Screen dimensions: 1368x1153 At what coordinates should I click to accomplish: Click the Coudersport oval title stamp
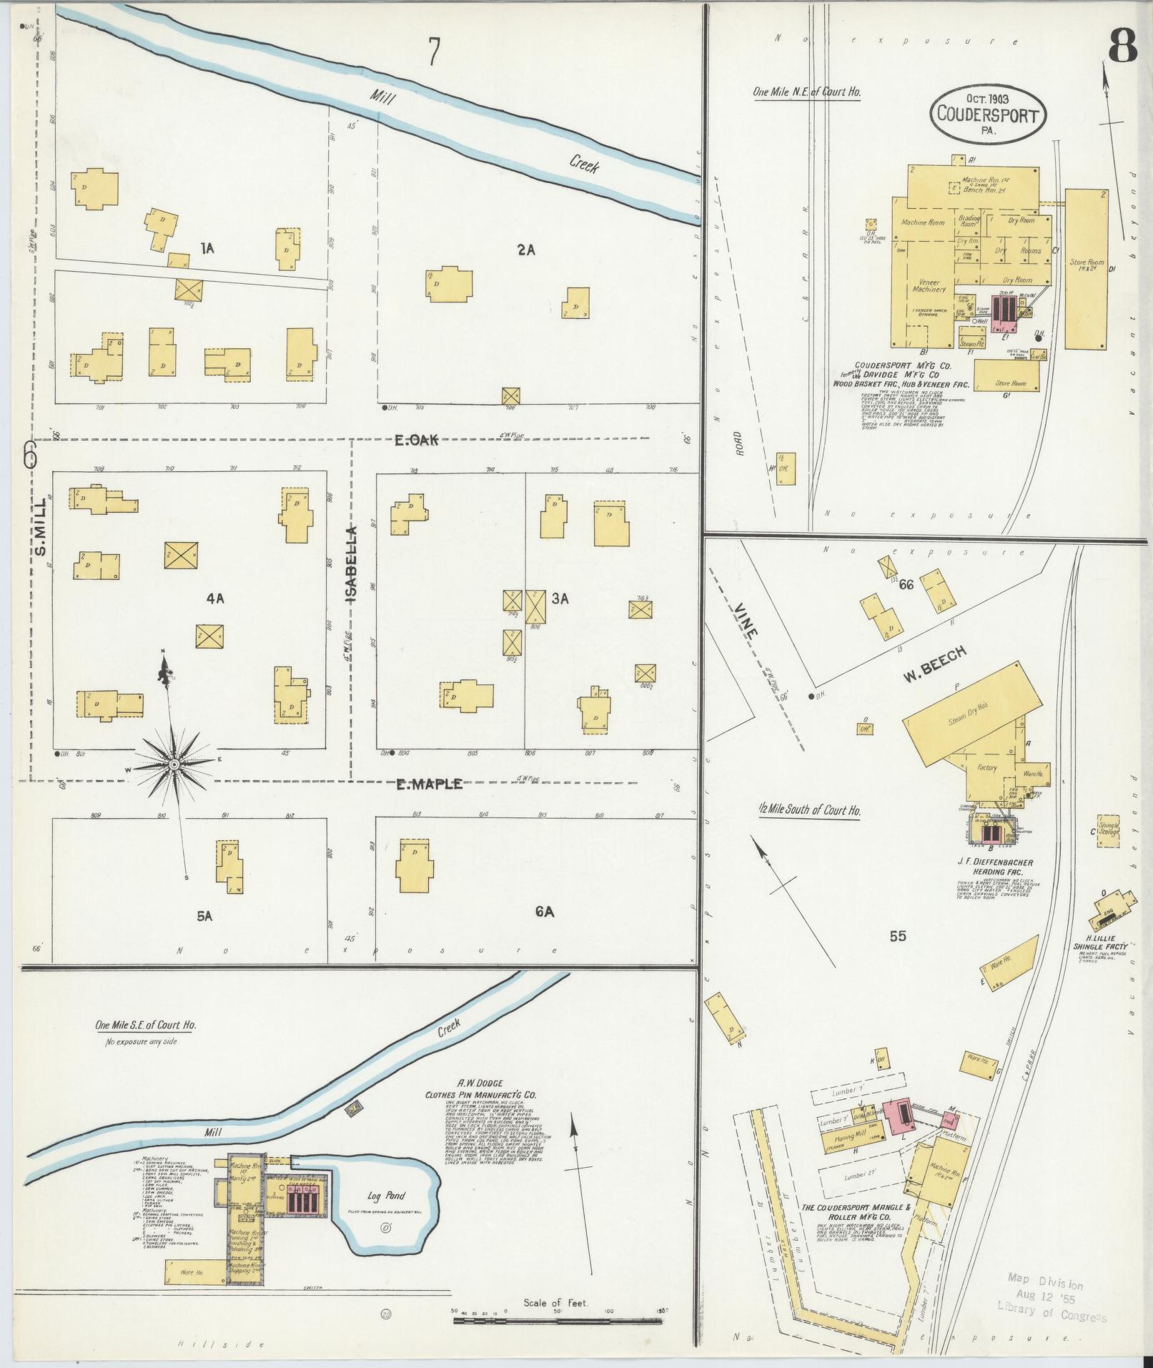[987, 114]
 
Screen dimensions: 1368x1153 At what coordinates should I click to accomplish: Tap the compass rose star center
[174, 764]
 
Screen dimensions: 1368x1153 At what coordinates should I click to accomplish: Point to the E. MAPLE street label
[429, 784]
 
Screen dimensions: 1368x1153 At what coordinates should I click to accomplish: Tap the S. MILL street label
[40, 527]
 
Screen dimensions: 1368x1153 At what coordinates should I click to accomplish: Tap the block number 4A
[215, 599]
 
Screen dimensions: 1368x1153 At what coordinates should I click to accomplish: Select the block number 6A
[544, 911]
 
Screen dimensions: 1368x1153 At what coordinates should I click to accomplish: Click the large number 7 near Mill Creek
[433, 51]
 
